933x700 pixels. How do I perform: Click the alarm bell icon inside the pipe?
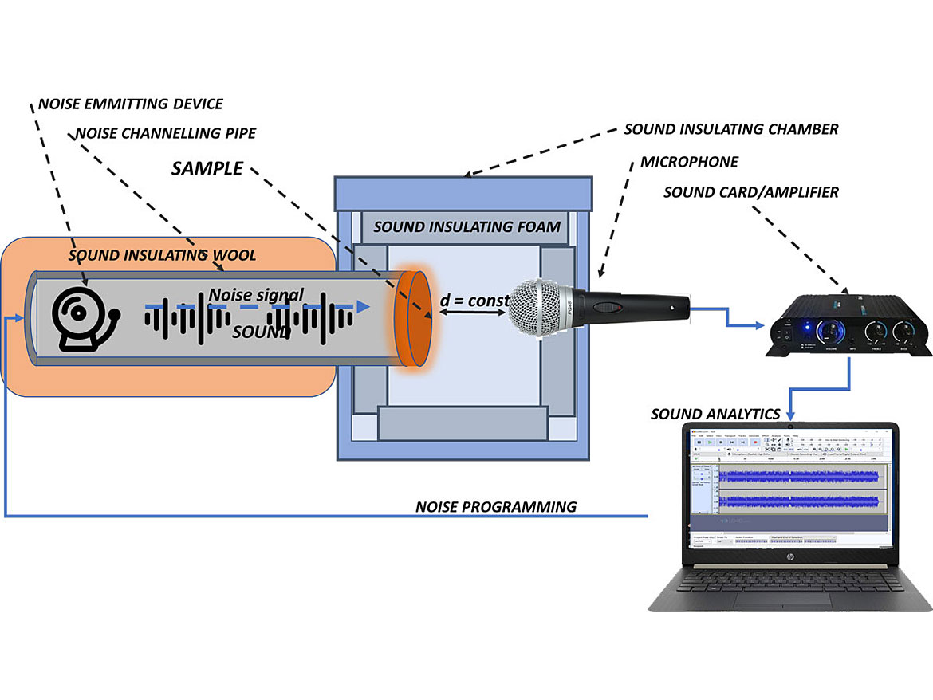(x=82, y=317)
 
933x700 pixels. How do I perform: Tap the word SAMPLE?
(x=207, y=169)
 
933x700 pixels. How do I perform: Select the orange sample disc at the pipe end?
(x=412, y=319)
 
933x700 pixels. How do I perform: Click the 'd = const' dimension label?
(x=474, y=301)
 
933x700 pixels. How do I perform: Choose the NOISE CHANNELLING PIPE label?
(x=166, y=133)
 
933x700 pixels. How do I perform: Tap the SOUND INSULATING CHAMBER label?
(x=731, y=128)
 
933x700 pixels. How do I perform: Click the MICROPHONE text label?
(x=689, y=163)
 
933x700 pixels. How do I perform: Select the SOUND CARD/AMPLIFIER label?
(x=750, y=192)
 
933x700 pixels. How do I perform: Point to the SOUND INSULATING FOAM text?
(x=467, y=227)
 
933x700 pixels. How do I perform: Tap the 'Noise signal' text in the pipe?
(x=256, y=295)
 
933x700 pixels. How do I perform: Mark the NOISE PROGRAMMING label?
(x=495, y=507)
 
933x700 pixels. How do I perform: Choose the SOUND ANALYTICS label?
(x=715, y=414)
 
